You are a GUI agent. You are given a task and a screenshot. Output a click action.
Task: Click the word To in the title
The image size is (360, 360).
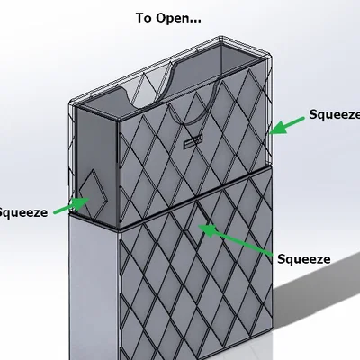point(144,18)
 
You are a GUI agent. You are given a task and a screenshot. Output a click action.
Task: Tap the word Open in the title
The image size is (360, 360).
point(173,19)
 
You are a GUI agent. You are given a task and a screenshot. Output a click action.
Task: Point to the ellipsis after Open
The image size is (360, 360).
point(195,22)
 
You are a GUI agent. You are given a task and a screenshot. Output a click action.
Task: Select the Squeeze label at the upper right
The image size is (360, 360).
point(335,115)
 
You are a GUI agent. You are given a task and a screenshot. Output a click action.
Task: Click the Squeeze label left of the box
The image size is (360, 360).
point(23,212)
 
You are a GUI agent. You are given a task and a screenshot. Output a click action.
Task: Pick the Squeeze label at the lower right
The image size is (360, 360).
point(303,259)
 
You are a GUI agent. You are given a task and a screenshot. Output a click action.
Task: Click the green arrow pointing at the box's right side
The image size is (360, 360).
point(287,126)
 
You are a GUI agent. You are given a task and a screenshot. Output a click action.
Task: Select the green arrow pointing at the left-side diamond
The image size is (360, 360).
point(72,206)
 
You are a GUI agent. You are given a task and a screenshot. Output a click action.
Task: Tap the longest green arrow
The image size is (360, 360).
point(235,239)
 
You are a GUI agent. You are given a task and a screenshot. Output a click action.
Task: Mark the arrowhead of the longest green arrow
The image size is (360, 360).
point(207,229)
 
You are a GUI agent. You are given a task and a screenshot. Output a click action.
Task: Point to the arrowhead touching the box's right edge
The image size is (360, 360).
point(276,129)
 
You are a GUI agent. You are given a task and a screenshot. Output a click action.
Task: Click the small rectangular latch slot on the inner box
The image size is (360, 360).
point(193,141)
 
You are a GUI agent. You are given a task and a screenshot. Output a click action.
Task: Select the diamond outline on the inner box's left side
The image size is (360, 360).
point(92,193)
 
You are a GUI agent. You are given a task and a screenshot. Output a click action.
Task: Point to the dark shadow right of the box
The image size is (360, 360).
point(318,300)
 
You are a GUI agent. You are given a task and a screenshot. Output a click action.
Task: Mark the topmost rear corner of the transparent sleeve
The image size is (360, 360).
point(220,37)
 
